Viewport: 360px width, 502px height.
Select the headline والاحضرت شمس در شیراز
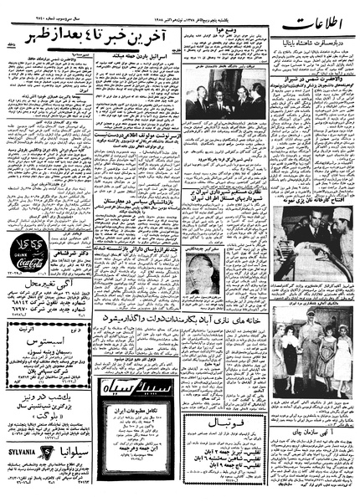click(257, 120)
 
